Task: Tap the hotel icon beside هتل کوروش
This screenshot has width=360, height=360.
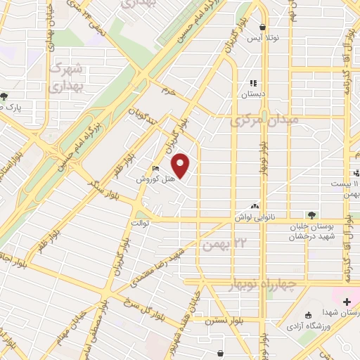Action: click(156, 169)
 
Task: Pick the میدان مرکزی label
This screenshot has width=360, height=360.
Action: click(264, 120)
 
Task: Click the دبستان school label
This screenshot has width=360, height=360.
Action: click(253, 92)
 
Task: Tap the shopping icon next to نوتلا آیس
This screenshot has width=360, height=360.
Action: click(262, 28)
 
